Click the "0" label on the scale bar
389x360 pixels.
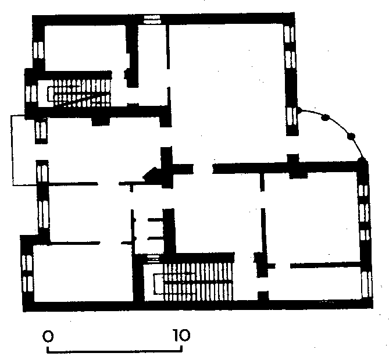[48, 336]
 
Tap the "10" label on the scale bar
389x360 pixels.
[182, 335]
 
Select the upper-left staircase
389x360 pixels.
[79, 93]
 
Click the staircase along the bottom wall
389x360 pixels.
[193, 281]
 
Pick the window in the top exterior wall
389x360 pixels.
[152, 19]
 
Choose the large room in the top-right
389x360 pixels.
[227, 92]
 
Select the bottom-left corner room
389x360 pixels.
[83, 273]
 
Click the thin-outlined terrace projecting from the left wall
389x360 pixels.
[12, 150]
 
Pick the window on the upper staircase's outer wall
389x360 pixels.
[31, 94]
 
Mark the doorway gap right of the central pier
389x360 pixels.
[203, 169]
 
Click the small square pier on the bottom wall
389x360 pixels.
[263, 296]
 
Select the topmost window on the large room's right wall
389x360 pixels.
[289, 34]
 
